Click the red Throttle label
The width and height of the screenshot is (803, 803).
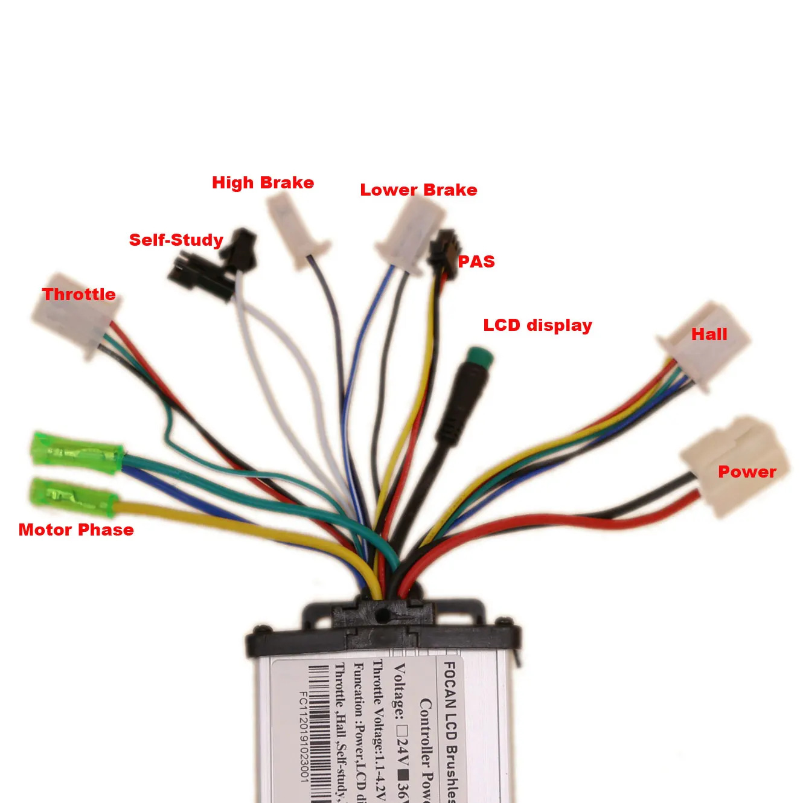point(78,294)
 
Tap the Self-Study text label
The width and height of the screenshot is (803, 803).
point(176,240)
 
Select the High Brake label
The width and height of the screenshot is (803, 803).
point(263,182)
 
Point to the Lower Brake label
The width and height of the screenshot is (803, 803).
point(418,190)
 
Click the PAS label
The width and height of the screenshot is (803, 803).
point(476,261)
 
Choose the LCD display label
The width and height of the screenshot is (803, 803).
point(537,325)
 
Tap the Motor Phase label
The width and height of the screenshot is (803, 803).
point(76,529)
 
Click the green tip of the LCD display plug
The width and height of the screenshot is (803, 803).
point(481,358)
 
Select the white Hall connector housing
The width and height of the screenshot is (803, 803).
point(704,344)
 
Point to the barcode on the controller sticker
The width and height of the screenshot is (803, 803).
point(320,734)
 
